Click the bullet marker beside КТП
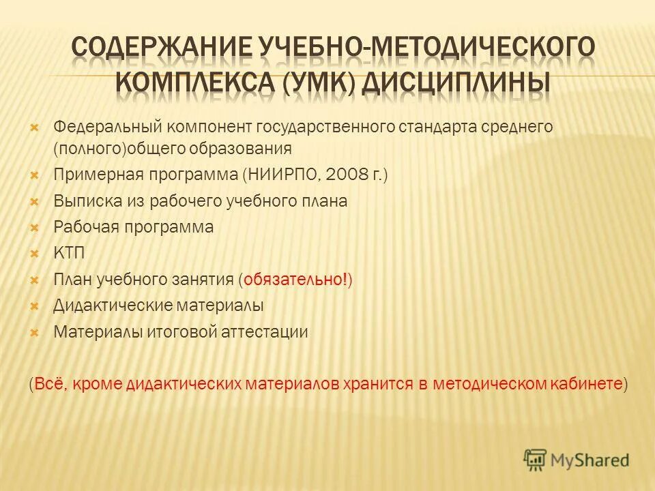[x=36, y=254]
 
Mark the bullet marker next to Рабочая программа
[x=36, y=227]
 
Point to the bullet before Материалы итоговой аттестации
[x=36, y=333]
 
